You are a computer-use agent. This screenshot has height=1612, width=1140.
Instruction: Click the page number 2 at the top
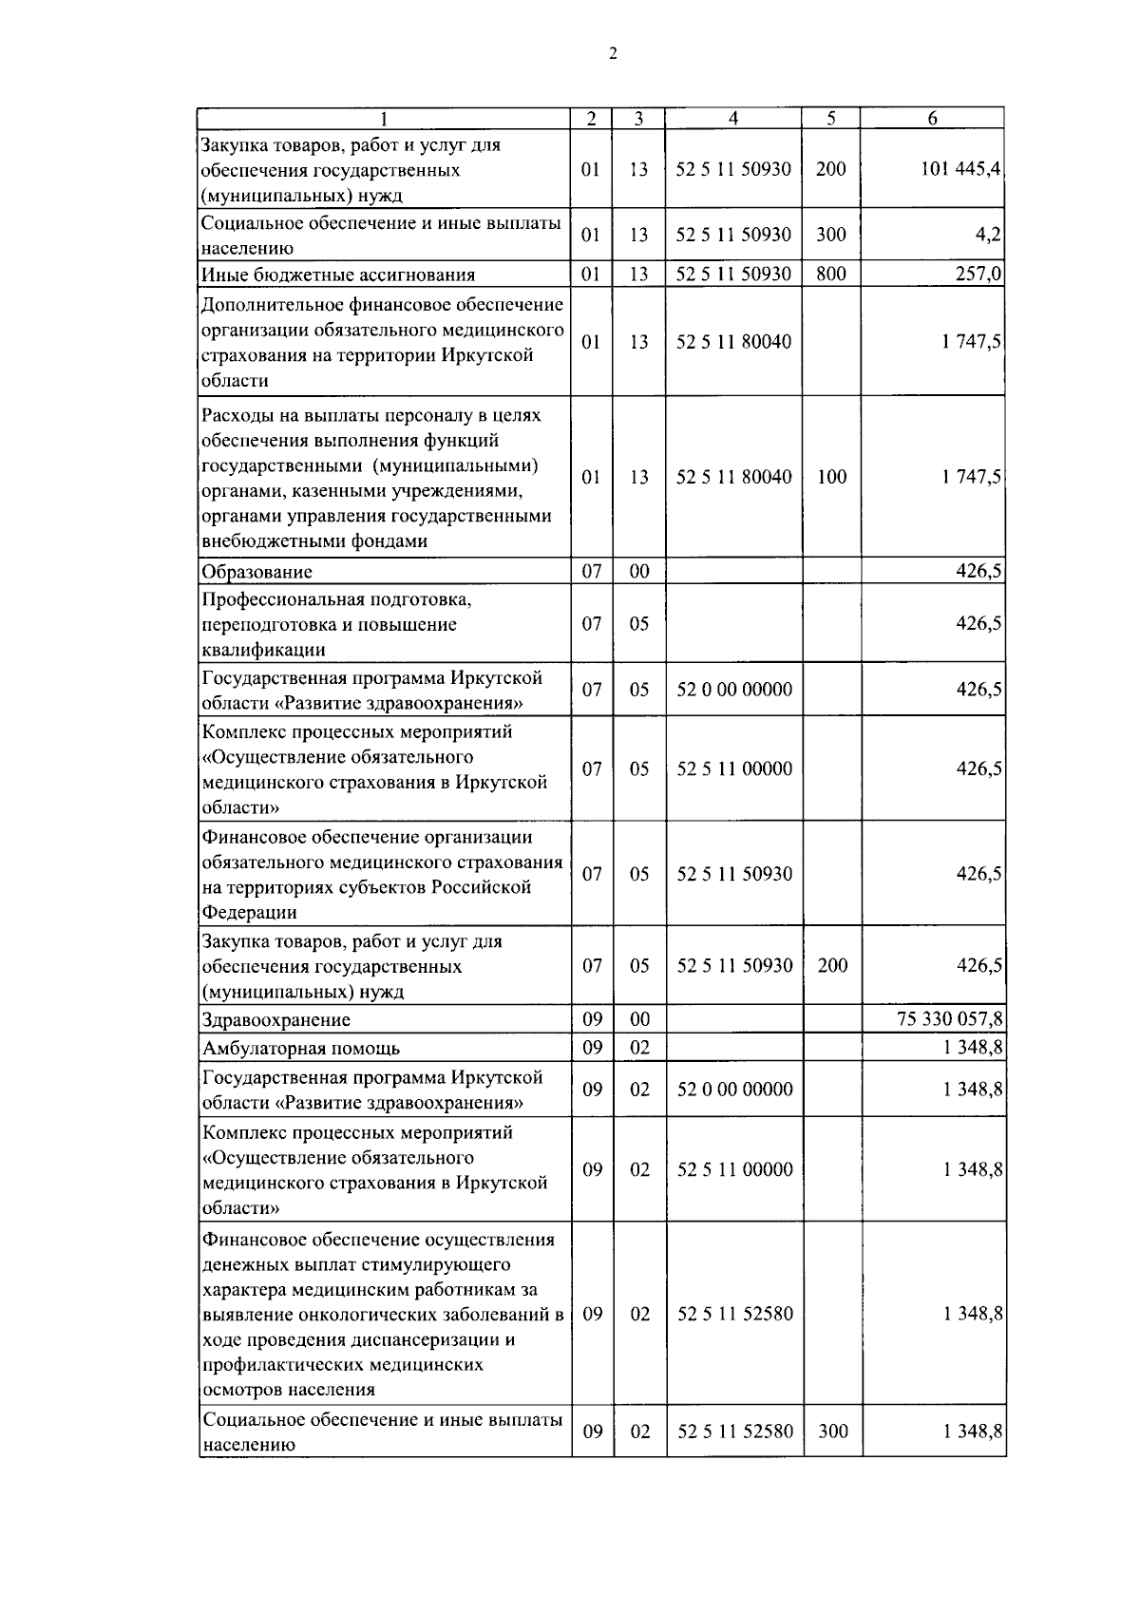coord(613,54)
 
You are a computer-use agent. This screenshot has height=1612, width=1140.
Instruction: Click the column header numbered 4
coord(733,119)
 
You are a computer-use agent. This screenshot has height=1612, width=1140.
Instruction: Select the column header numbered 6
coord(932,119)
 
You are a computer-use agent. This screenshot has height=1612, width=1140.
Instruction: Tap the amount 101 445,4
coord(960,169)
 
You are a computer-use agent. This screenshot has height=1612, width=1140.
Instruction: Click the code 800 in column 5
coord(831,275)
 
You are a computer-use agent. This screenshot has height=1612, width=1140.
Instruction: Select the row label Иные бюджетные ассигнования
coord(338,275)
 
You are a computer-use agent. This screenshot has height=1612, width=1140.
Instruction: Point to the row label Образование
coord(256,572)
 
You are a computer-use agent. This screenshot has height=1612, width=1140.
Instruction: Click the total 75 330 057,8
coord(949,1019)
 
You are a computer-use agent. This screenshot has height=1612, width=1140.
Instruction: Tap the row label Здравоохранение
coord(276,1020)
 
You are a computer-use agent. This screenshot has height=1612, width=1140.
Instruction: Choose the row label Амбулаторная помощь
coord(301,1049)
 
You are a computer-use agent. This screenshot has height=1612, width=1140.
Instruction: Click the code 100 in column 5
coord(831,477)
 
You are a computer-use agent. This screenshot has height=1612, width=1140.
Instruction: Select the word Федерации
coord(250,913)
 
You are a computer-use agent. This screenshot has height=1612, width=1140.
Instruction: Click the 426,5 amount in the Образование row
coord(978,572)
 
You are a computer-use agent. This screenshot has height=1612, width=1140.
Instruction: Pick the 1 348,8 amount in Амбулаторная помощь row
coord(973,1049)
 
